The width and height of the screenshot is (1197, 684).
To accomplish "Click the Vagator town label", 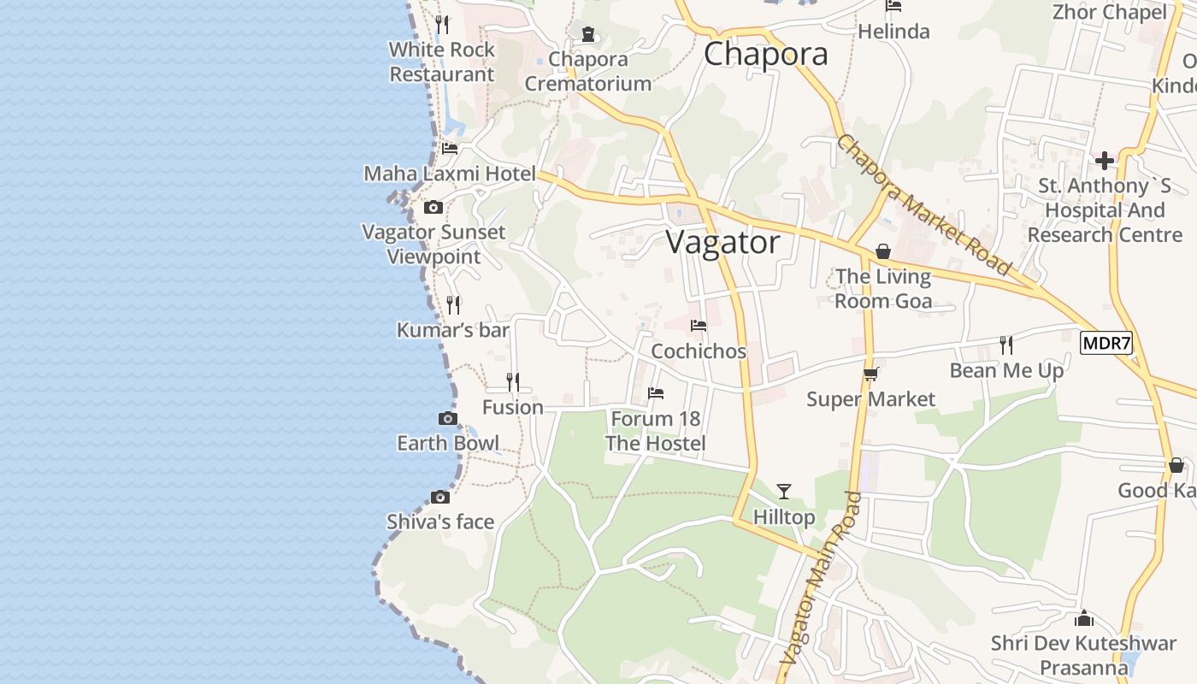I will point(722,243).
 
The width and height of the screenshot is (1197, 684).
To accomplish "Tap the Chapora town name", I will point(765,54).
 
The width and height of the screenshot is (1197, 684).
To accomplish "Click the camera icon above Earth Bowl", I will point(447,418).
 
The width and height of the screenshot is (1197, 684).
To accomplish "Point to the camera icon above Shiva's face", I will point(440,497).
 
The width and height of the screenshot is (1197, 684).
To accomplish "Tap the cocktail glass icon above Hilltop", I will point(783,491).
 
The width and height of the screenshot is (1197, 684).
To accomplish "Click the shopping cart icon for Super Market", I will point(870,374).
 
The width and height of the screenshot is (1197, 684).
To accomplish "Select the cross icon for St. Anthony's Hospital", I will point(1104,160).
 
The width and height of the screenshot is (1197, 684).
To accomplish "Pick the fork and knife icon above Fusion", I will point(512,381).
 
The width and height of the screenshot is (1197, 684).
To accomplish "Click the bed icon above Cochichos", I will point(699,326).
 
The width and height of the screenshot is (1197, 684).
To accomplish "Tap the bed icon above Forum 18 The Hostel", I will point(656,393).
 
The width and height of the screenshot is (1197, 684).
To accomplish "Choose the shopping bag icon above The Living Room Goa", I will point(882,251).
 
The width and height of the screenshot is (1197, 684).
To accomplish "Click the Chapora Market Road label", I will point(923,205).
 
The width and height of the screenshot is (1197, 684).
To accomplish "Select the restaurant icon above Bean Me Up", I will point(1006,345).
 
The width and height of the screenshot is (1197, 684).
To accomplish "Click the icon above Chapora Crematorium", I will point(587,34).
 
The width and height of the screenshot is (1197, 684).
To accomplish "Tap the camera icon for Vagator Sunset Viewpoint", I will point(433,207).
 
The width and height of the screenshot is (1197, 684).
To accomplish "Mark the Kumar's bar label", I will point(452,330).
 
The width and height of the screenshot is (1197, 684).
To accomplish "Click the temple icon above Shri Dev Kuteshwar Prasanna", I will point(1084,617).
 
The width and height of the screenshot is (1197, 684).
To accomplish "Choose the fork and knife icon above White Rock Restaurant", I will point(441,24).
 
